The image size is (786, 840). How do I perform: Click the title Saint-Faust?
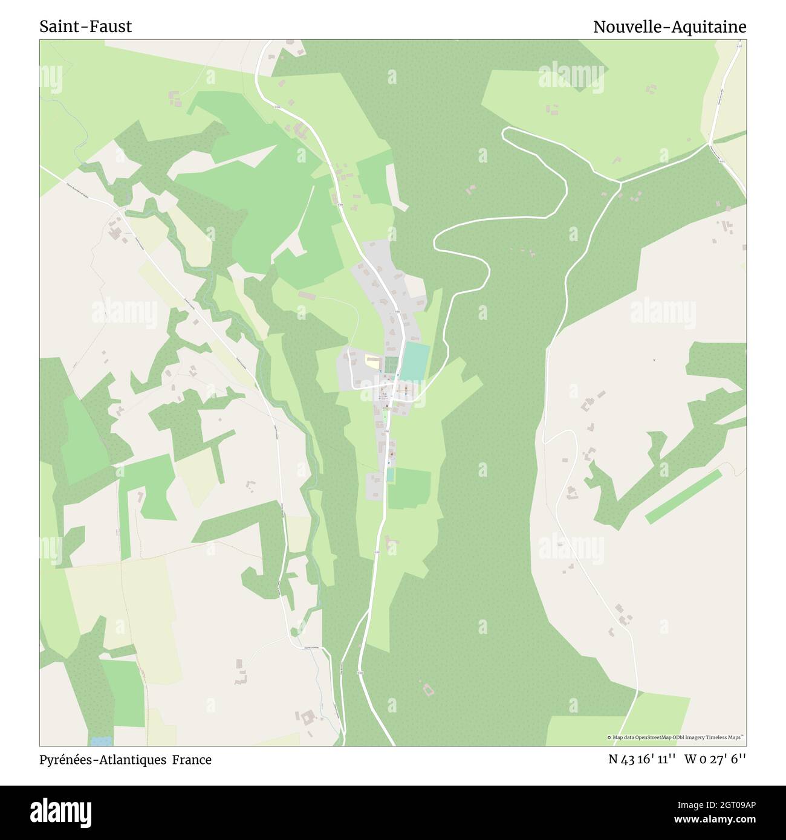point(85,27)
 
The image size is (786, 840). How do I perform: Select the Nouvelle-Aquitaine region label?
point(669,27)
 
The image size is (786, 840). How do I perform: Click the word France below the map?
point(192,760)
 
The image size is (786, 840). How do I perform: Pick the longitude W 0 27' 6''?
point(715,760)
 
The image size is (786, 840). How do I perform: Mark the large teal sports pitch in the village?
point(415,362)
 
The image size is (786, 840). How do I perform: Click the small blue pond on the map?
point(101,740)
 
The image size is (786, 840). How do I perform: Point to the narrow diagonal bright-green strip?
point(684,496)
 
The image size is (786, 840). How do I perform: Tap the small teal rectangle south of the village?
point(391,475)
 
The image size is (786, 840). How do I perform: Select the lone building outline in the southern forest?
point(428,689)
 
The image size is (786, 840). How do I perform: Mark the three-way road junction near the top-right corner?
point(709,144)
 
